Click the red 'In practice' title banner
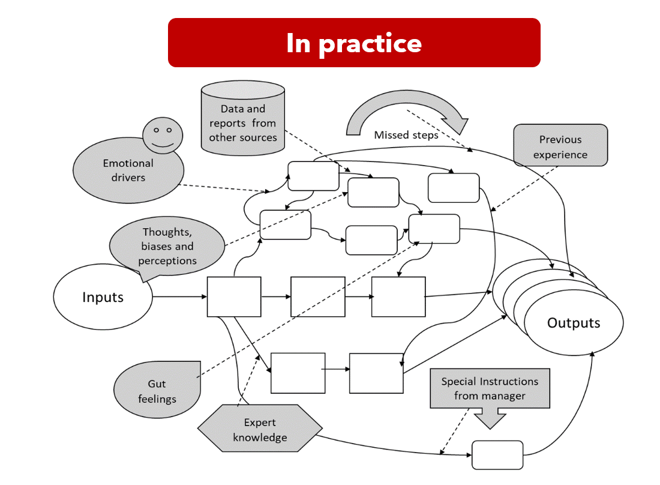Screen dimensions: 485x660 point(354,43)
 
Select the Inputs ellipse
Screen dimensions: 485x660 point(103,297)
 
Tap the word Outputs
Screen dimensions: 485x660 point(573,323)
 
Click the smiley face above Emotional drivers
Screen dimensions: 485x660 point(163,135)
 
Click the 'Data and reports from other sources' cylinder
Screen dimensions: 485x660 point(242,123)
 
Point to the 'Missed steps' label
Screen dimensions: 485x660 point(406,135)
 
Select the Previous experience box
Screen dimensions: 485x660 point(560,145)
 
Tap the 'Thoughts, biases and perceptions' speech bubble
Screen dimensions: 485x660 point(169,246)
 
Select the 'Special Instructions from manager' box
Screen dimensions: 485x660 point(490,388)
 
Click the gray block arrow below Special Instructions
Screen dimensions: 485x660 point(490,418)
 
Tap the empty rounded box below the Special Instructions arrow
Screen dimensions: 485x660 point(497,455)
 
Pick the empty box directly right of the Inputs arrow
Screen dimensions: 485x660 point(234,297)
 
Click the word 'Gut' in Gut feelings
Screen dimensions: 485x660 point(157,384)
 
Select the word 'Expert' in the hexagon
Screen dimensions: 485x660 point(260,423)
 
